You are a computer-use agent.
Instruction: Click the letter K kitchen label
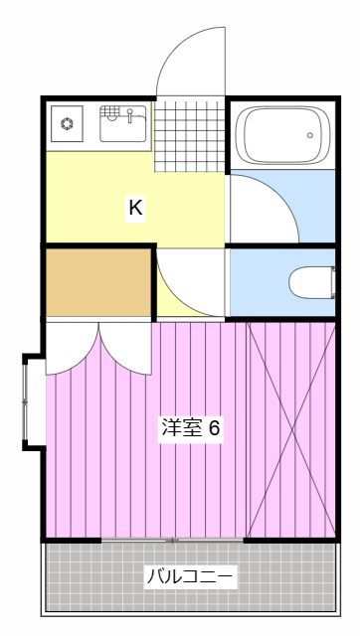[135, 208]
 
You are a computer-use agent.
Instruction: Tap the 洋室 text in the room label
[182, 429]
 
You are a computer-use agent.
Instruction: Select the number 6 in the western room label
[213, 429]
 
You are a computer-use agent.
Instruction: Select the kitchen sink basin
[123, 127]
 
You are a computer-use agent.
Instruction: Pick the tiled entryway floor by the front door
[190, 129]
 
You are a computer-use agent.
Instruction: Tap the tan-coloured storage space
[96, 281]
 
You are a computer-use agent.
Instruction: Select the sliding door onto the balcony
[173, 540]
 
